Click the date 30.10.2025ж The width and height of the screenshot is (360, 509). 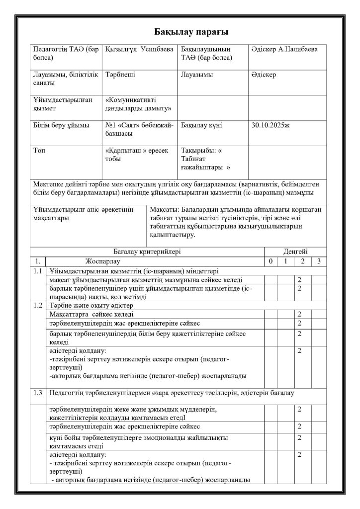pos(271,125)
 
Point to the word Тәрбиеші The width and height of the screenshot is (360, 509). pos(120,75)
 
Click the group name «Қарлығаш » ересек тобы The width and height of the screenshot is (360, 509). pos(137,155)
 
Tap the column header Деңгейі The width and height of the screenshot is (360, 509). pos(295,252)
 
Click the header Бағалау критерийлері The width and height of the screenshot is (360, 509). pos(147,252)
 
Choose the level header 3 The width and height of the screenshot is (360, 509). pos(318,261)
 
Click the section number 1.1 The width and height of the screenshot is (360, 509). pos(37,271)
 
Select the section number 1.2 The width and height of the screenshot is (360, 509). pos(37,305)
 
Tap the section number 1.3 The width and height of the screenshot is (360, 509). pos(37,393)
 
